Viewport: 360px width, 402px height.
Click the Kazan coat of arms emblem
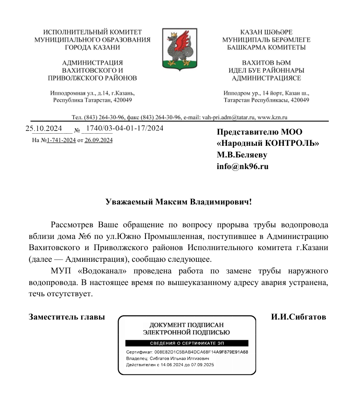click(180, 48)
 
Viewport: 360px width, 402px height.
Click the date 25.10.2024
click(41, 128)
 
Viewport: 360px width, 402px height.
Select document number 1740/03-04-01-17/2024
click(125, 128)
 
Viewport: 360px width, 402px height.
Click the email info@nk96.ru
click(242, 166)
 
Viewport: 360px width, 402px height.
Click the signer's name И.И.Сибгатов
click(298, 317)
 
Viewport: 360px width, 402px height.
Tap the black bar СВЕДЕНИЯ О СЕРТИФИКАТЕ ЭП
click(186, 343)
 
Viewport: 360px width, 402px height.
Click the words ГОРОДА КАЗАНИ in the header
click(92, 47)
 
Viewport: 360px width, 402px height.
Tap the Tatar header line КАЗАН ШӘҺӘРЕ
click(266, 33)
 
